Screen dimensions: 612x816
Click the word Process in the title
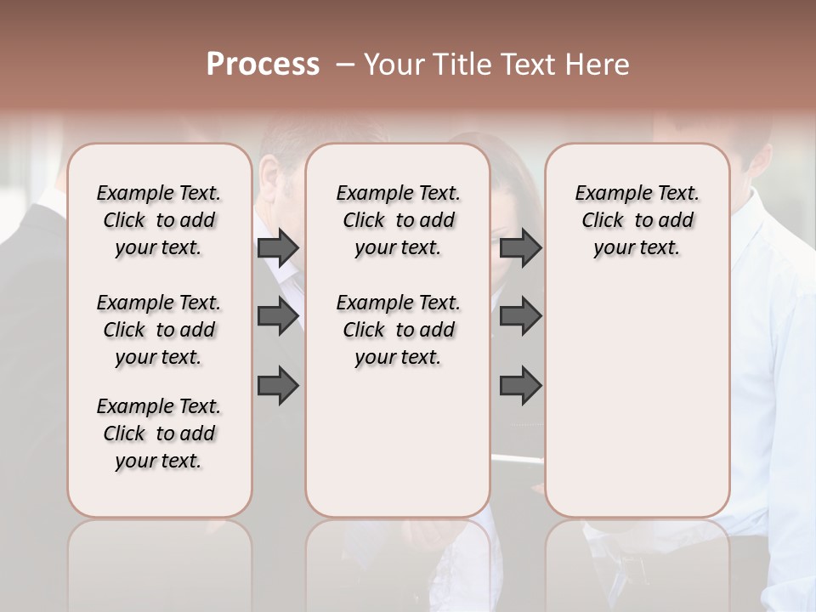(263, 65)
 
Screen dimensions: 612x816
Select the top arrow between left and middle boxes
(278, 248)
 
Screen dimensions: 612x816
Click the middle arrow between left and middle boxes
(278, 316)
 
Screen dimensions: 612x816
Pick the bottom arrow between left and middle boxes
(278, 386)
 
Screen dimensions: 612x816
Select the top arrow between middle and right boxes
(520, 248)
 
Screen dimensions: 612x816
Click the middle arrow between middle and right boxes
(520, 316)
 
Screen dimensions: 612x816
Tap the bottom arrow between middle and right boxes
(520, 386)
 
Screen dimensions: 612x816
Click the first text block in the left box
(159, 220)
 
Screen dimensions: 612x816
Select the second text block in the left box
(159, 330)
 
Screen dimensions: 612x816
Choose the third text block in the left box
(159, 433)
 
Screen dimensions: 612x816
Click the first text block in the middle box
(399, 220)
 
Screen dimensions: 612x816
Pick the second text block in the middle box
(399, 330)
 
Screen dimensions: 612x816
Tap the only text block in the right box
(637, 220)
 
